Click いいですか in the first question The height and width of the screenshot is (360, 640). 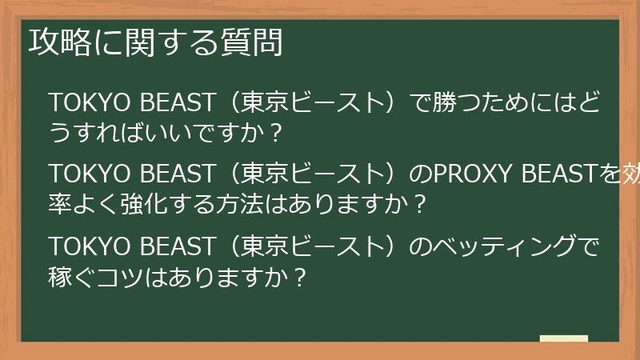tap(202, 133)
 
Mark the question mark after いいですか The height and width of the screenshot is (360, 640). tap(276, 133)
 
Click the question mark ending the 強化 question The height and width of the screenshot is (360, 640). tap(421, 203)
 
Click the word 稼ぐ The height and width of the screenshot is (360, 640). tap(74, 275)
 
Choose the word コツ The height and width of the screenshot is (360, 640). tap(125, 275)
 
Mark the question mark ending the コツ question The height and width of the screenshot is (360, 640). tap(299, 275)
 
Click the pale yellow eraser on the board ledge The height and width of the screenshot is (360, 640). tap(563, 338)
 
